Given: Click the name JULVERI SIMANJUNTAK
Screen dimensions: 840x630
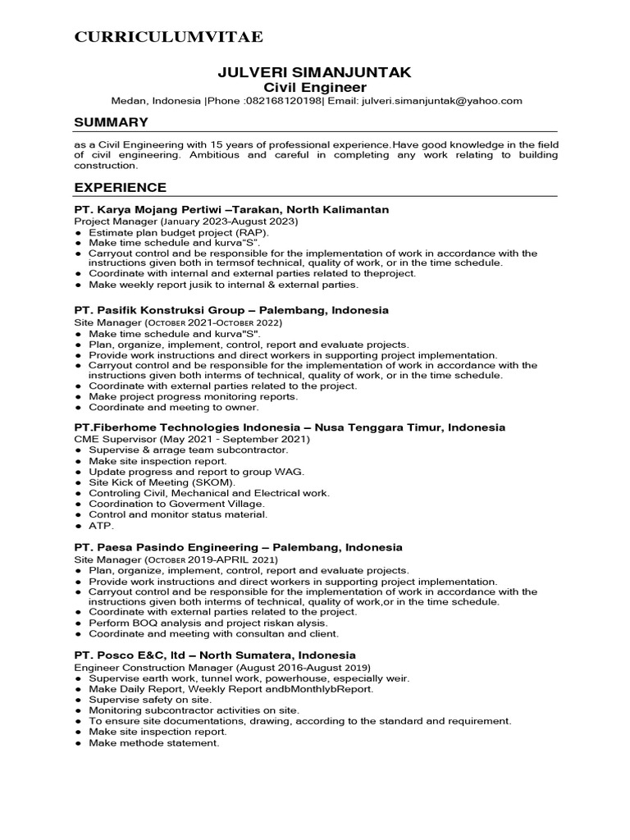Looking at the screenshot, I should pyautogui.click(x=315, y=73).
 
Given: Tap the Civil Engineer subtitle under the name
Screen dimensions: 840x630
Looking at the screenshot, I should pyautogui.click(x=315, y=87).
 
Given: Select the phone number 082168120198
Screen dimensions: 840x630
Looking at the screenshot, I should pyautogui.click(x=283, y=101).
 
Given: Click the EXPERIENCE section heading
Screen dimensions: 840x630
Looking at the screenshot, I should pyautogui.click(x=120, y=187).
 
